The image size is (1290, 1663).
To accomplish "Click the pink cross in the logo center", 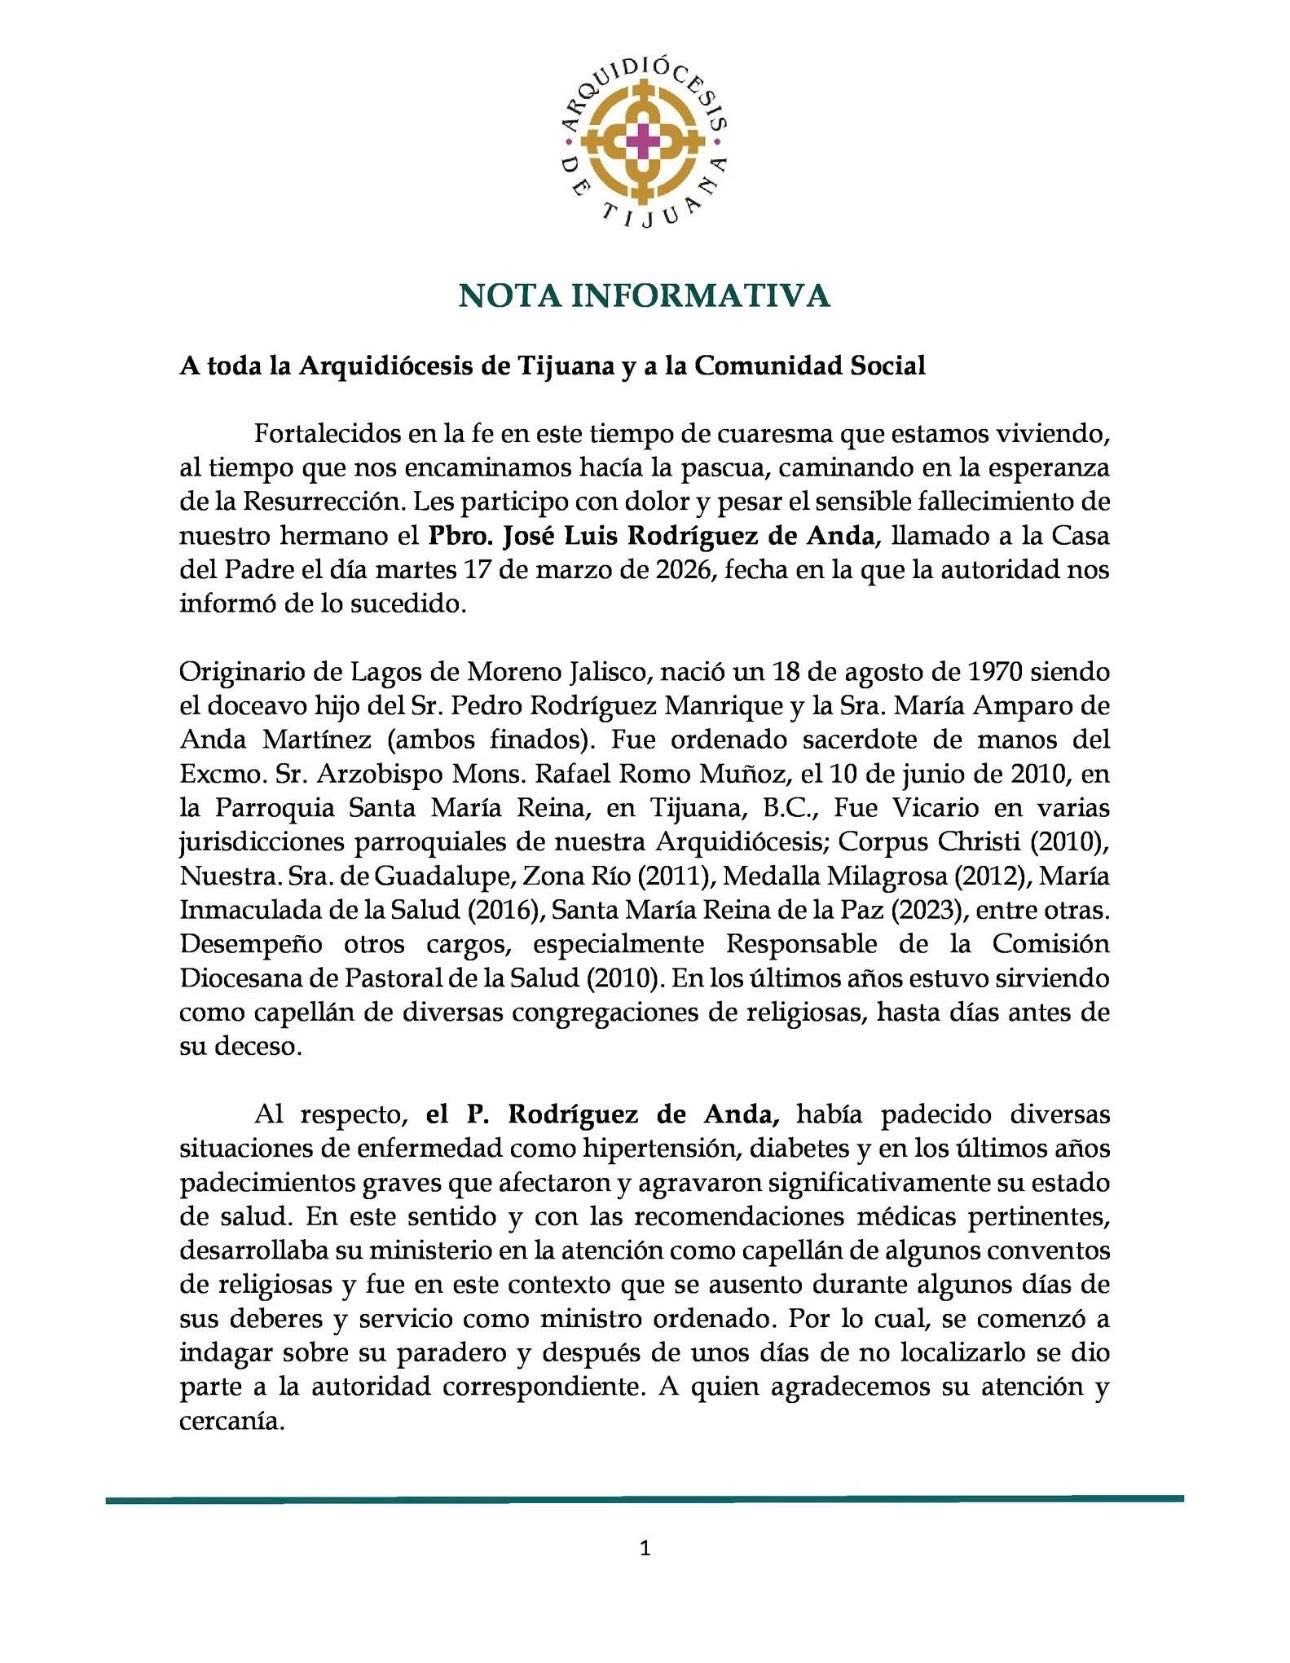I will [645, 139].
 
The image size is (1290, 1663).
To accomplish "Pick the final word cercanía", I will [232, 1421].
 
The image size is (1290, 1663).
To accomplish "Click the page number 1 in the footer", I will [645, 1549].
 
